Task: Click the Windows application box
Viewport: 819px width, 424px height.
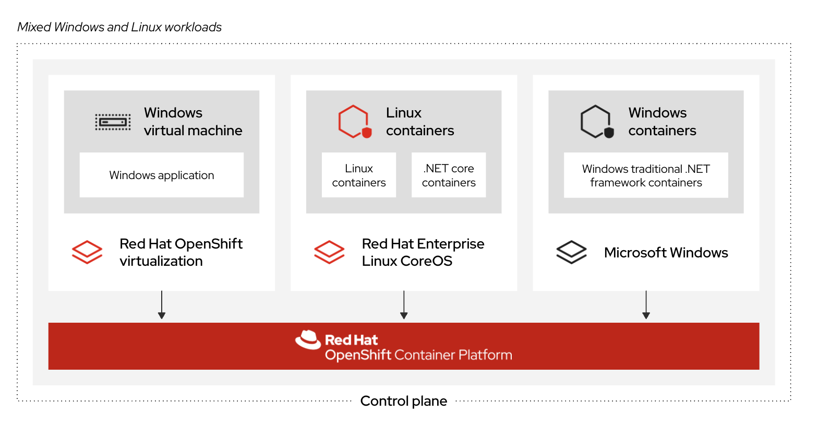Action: pyautogui.click(x=161, y=175)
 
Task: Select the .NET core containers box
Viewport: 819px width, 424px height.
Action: pyautogui.click(x=449, y=175)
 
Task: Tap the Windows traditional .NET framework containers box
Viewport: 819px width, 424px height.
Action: pyautogui.click(x=646, y=175)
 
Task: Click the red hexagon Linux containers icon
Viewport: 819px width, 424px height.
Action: pyautogui.click(x=355, y=122)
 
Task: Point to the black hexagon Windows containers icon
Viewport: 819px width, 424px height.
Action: pyautogui.click(x=597, y=122)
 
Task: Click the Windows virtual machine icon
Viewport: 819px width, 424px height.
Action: pyautogui.click(x=113, y=122)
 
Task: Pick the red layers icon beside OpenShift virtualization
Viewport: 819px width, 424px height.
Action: pyautogui.click(x=87, y=252)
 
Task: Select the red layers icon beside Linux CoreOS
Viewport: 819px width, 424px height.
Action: pyautogui.click(x=329, y=252)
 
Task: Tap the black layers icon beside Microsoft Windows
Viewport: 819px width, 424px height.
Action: pyautogui.click(x=571, y=252)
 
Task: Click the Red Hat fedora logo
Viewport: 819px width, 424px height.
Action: pyautogui.click(x=308, y=340)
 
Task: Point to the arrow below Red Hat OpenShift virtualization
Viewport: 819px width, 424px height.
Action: pyautogui.click(x=162, y=305)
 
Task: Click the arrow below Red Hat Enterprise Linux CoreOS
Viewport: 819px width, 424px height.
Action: pyautogui.click(x=404, y=305)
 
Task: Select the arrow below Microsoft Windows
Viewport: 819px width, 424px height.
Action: pyautogui.click(x=646, y=305)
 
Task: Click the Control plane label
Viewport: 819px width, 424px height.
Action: pyautogui.click(x=404, y=401)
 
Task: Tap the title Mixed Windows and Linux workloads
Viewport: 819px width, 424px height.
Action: pyautogui.click(x=119, y=27)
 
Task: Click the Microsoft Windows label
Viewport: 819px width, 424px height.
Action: pyautogui.click(x=666, y=253)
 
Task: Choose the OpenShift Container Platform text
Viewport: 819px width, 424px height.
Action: pyautogui.click(x=418, y=355)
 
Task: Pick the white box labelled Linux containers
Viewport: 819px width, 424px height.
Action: pyautogui.click(x=359, y=175)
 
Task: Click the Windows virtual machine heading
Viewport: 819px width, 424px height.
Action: pyautogui.click(x=193, y=122)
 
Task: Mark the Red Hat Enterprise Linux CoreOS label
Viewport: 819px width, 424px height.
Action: pyautogui.click(x=423, y=252)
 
